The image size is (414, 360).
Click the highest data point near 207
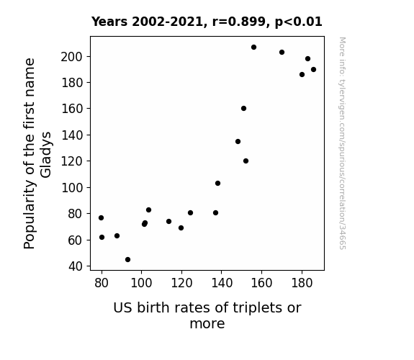tap(253, 48)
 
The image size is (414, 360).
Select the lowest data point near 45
tap(127, 260)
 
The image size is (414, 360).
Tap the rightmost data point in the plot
tap(313, 69)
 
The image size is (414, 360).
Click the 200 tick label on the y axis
tap(72, 57)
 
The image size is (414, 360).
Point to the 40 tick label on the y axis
tap(76, 266)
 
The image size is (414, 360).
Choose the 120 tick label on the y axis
tap(72, 161)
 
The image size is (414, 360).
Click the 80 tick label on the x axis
tap(102, 283)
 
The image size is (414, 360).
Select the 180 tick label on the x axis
tap(302, 283)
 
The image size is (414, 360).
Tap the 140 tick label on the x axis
tap(222, 283)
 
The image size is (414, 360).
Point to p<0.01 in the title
tap(299, 22)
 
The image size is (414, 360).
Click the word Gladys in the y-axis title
tap(45, 155)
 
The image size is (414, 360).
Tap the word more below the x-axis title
tap(207, 324)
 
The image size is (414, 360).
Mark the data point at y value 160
tap(243, 109)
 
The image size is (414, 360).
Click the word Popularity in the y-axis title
tap(30, 215)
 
